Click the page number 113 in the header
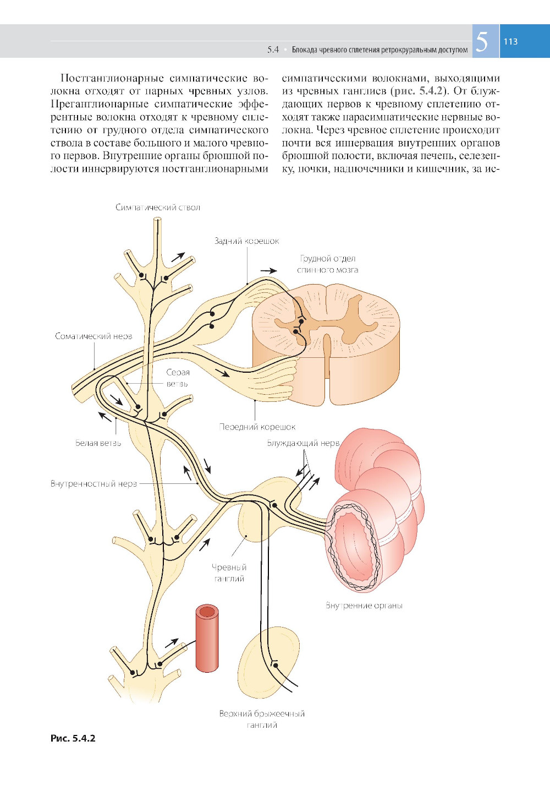(x=510, y=41)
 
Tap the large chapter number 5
(x=482, y=42)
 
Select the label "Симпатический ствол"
(x=158, y=208)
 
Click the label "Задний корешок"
(x=246, y=241)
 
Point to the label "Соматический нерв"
(x=94, y=336)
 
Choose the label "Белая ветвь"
(x=98, y=443)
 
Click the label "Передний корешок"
(x=257, y=427)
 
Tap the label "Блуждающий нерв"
(x=303, y=443)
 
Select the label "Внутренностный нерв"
(x=94, y=484)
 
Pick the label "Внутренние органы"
(x=364, y=606)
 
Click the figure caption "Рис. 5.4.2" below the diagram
(x=73, y=738)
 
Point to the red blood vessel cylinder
(x=207, y=638)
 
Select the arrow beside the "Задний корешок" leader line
(x=269, y=271)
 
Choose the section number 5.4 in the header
(x=273, y=50)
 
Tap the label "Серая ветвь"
(x=178, y=378)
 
